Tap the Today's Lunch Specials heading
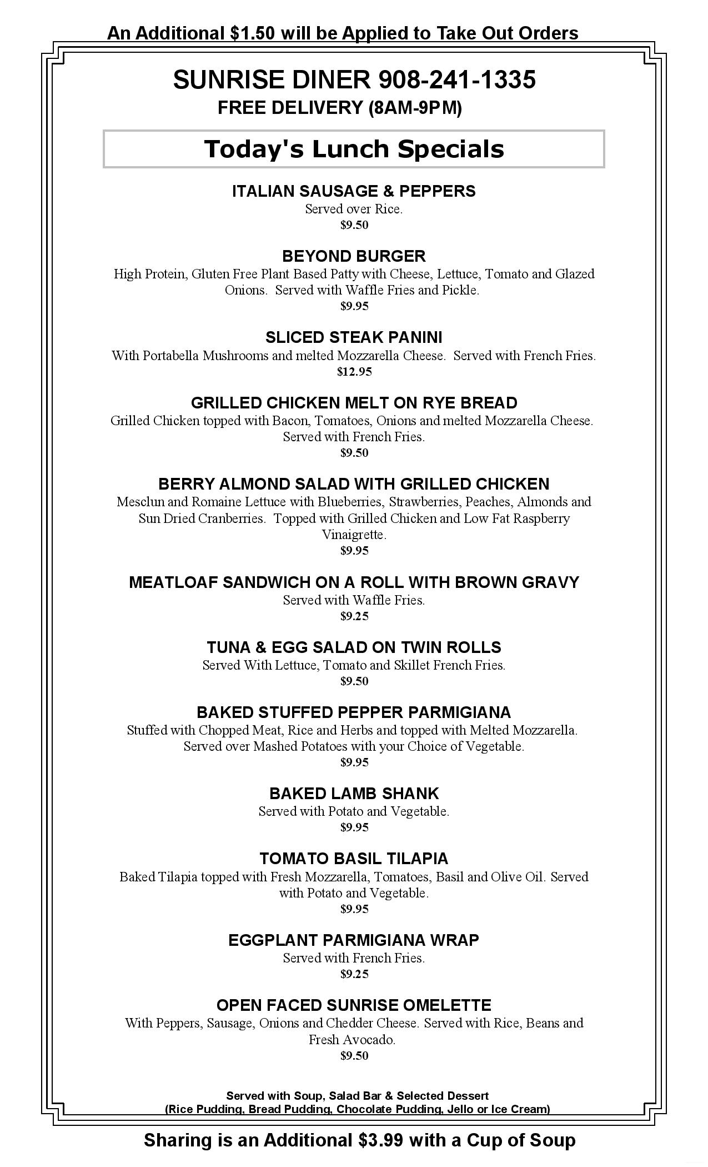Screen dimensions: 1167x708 click(x=354, y=149)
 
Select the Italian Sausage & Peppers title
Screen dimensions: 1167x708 click(x=354, y=191)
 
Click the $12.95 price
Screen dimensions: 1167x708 click(x=354, y=372)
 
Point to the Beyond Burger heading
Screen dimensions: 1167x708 click(x=354, y=256)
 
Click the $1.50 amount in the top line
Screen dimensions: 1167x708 click(x=253, y=33)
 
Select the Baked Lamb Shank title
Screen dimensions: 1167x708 click(x=354, y=794)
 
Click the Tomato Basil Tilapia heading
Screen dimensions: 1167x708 click(x=354, y=859)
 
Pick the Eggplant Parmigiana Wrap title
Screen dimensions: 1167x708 click(x=354, y=940)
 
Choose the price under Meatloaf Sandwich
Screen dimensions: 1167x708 click(x=354, y=616)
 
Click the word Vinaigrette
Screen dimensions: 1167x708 click(x=354, y=535)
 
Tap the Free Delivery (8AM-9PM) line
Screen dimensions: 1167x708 click(x=339, y=108)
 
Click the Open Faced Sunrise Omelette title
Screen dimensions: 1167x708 click(x=354, y=1005)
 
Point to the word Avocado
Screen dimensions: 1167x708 click(x=373, y=1040)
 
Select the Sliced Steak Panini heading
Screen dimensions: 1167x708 click(x=354, y=337)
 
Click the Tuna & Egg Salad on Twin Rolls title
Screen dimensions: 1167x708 click(x=354, y=647)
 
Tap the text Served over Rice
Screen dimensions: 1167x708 click(x=354, y=210)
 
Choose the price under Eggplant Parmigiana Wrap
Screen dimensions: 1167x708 click(x=354, y=974)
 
